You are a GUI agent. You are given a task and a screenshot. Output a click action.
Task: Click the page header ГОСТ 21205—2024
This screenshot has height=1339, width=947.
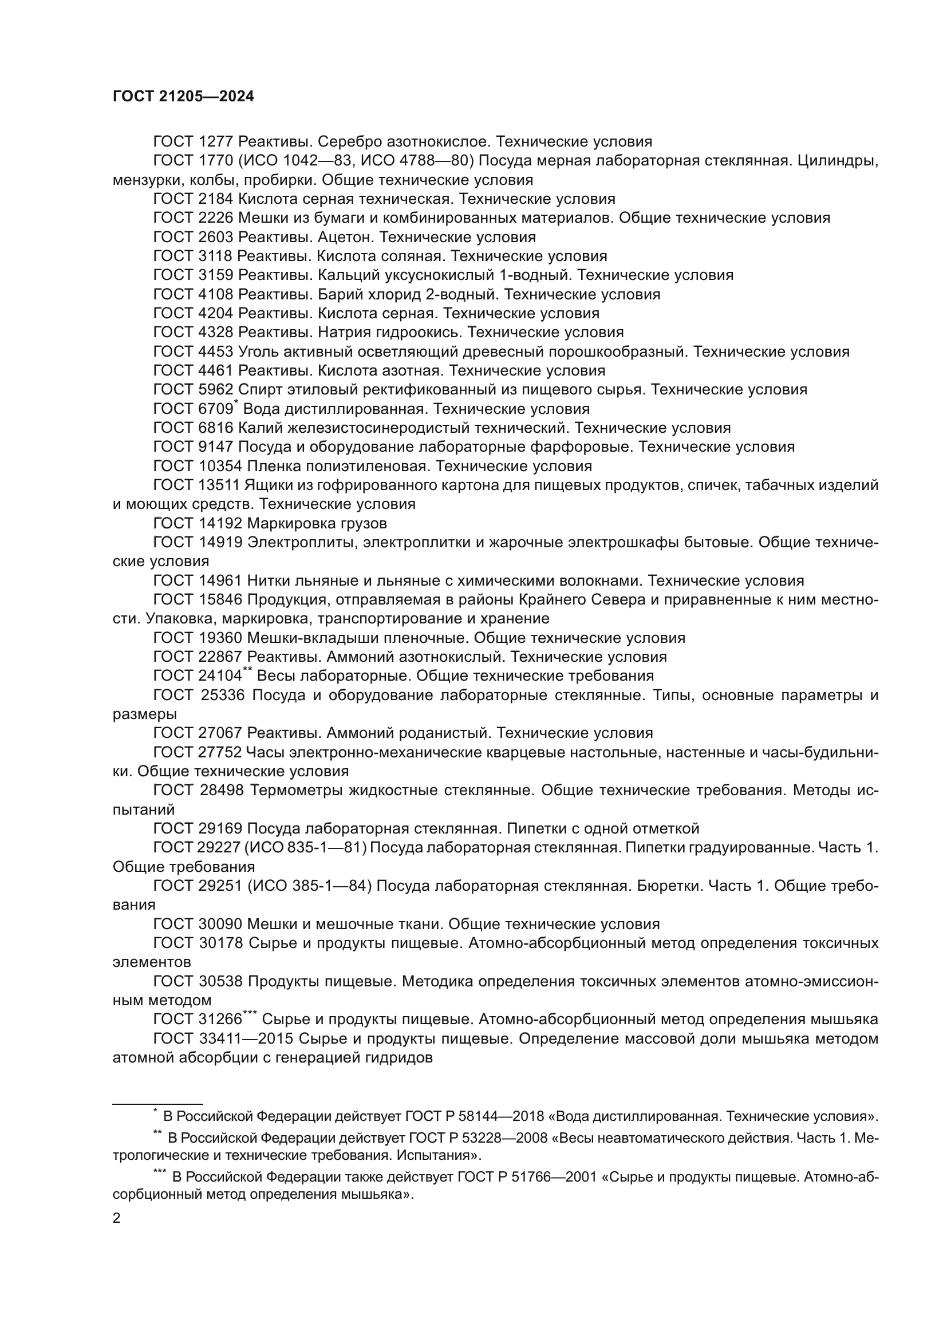pos(183,97)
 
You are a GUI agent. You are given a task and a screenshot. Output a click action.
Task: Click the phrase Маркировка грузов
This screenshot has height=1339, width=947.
pos(317,523)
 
